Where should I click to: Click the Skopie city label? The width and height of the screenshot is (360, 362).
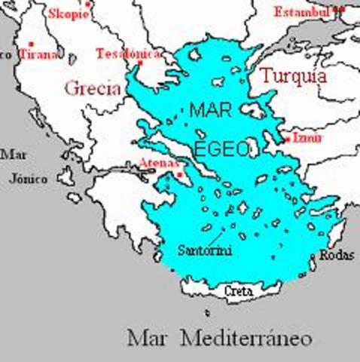click(x=68, y=14)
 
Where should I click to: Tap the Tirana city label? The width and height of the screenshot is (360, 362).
click(x=38, y=54)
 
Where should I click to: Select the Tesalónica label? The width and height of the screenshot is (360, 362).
click(x=127, y=54)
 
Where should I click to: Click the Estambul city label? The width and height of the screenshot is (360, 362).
click(x=301, y=11)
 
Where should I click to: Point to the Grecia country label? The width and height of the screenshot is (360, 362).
click(x=93, y=87)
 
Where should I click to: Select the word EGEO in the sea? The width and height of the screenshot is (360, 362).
click(x=221, y=149)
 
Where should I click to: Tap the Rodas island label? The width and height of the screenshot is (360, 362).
click(x=336, y=256)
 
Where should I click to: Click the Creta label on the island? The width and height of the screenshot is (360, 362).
click(x=238, y=290)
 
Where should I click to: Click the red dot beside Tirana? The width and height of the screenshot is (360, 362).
click(x=30, y=44)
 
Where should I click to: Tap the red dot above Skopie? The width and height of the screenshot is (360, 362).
click(x=87, y=4)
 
